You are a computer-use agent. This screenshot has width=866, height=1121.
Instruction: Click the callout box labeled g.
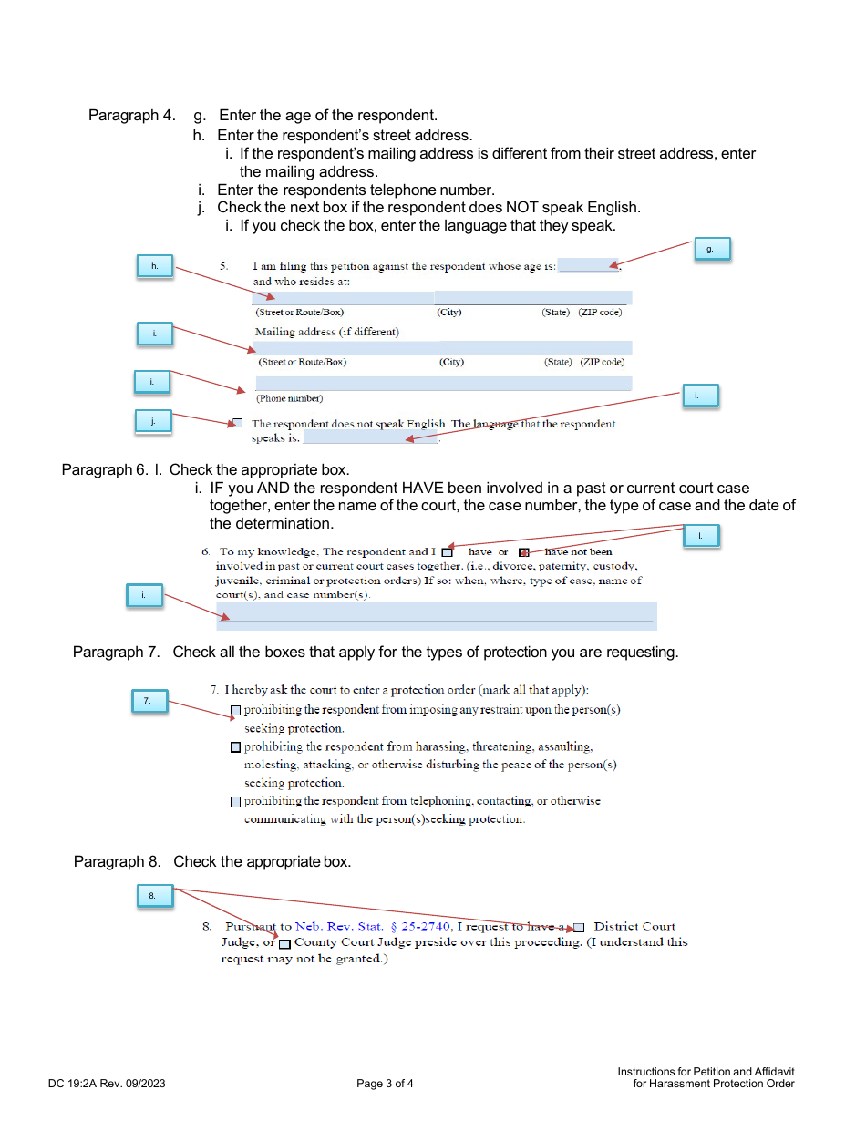click(x=711, y=248)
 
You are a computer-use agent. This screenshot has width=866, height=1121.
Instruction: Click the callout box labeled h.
click(x=154, y=265)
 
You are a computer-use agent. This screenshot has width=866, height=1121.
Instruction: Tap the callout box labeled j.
click(x=153, y=421)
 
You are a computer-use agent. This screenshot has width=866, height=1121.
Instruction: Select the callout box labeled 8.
click(x=153, y=896)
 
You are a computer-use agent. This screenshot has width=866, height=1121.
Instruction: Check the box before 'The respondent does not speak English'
click(x=238, y=423)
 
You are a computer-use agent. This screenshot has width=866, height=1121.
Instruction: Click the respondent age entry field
click(x=587, y=266)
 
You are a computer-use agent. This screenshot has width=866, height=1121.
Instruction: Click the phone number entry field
click(x=443, y=383)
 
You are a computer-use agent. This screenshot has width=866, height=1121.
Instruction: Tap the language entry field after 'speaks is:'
click(x=370, y=438)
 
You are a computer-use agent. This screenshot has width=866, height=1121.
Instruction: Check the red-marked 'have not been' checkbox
click(x=523, y=552)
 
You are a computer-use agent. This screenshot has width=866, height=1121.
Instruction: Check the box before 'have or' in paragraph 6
click(x=447, y=552)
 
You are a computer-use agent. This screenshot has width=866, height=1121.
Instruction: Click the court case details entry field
click(x=436, y=615)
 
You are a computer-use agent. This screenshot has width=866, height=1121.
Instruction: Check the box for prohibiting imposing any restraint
click(x=236, y=710)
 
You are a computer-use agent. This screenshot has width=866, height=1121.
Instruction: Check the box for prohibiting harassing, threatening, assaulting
click(x=236, y=747)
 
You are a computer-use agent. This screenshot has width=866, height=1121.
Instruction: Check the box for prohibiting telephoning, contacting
click(x=236, y=802)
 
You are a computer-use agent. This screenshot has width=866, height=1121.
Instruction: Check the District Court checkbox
click(x=579, y=928)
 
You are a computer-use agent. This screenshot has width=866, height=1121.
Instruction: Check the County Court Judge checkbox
click(x=284, y=943)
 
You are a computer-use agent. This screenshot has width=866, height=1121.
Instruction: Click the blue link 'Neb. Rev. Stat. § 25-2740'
click(x=373, y=927)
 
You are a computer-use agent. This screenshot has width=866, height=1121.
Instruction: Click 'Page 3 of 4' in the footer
click(x=385, y=1084)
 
